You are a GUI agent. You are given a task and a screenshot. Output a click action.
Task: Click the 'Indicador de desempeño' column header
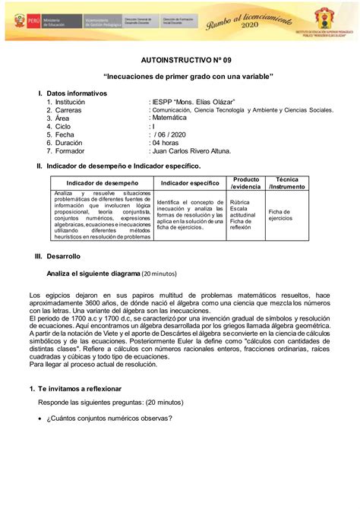(102, 183)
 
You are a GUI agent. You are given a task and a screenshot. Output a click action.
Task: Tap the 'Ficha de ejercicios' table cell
(280, 215)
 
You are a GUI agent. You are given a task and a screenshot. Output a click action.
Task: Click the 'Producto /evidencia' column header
(245, 182)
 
